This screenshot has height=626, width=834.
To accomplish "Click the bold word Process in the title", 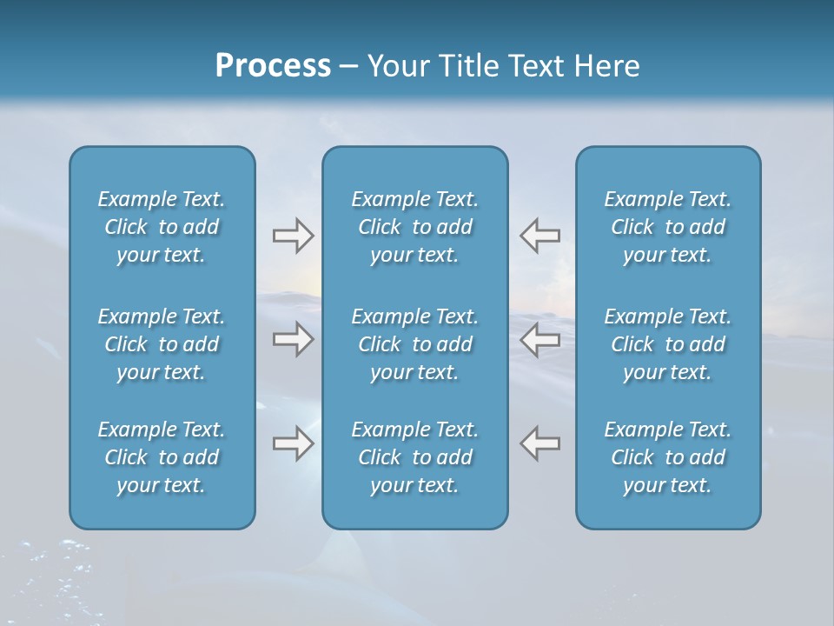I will point(273,66).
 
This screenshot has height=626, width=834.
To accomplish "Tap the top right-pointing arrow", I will point(293,235).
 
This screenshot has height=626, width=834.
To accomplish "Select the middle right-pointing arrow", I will point(293,339).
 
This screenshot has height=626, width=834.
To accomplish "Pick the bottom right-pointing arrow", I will point(293,443).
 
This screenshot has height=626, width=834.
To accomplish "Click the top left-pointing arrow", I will point(540,235).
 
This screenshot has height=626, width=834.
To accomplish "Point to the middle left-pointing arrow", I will point(540,339).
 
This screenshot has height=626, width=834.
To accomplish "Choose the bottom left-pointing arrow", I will point(540,443).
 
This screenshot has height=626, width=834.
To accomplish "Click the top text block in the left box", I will point(162,227).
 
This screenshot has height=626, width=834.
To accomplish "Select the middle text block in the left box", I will point(162,344).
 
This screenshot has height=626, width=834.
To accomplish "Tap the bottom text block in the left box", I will point(162,457).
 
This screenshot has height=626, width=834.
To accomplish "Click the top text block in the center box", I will point(415,227).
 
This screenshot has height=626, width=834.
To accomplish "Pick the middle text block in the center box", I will point(415,344).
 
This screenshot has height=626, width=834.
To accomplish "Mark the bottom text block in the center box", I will point(415,457).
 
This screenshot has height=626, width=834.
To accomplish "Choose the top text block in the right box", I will point(668,227).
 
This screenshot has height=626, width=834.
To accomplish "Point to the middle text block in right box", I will point(668,344).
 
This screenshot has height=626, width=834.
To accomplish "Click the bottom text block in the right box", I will point(668,457).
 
